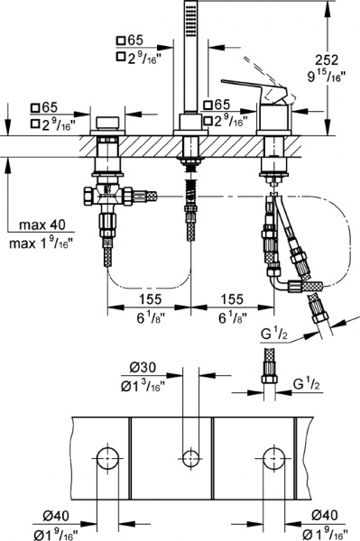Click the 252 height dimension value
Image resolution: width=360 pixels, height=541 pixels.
click(330, 59)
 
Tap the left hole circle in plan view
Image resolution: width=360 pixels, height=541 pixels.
click(107, 456)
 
